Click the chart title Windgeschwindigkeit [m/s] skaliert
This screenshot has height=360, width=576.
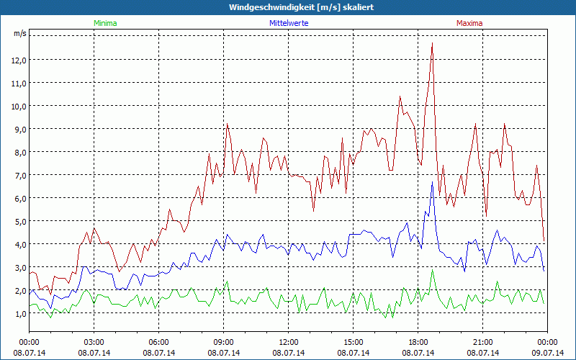[x=287, y=7]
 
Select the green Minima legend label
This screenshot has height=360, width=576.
[x=105, y=23]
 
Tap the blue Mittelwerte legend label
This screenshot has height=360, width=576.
[x=288, y=23]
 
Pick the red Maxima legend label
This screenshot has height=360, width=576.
[x=469, y=23]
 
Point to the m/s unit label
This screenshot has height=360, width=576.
[x=19, y=33]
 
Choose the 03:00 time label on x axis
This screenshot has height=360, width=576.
[x=94, y=342]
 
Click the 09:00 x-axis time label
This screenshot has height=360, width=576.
[x=224, y=342]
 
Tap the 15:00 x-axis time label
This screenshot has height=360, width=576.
[x=354, y=342]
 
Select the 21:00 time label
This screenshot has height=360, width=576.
[x=483, y=342]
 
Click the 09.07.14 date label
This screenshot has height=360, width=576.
[x=548, y=353]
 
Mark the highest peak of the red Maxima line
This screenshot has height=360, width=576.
[x=432, y=44]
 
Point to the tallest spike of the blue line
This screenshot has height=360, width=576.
[x=432, y=182]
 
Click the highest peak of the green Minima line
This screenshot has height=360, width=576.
[x=432, y=270]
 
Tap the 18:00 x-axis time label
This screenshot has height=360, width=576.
[x=418, y=342]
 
